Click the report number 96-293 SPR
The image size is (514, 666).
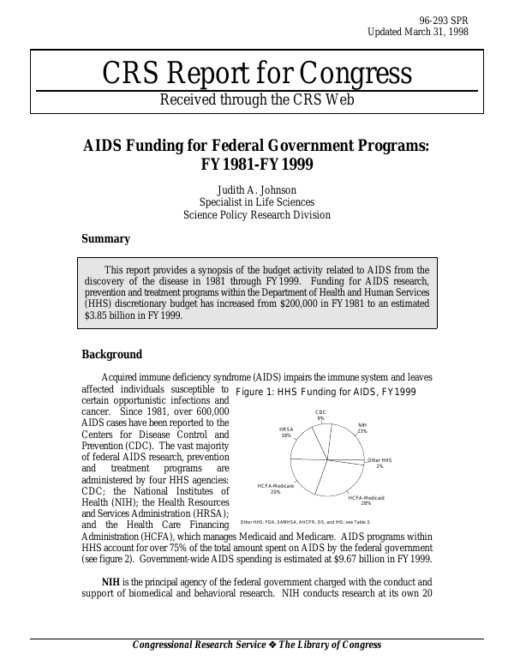click(x=444, y=19)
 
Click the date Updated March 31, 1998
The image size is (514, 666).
click(x=418, y=32)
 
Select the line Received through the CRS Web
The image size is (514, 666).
click(x=256, y=100)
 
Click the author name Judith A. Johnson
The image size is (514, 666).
click(x=256, y=189)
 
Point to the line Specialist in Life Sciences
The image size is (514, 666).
click(x=256, y=202)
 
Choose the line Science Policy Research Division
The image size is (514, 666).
click(x=256, y=215)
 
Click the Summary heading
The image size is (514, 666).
click(x=105, y=239)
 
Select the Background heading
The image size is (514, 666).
click(x=111, y=355)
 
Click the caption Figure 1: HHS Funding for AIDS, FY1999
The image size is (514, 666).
click(x=326, y=392)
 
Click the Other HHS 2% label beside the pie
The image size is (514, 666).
click(x=379, y=463)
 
